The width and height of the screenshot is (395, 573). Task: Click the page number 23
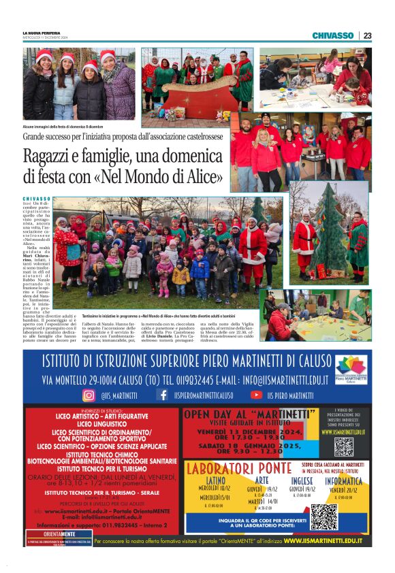367,35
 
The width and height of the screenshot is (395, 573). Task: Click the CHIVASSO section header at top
333,35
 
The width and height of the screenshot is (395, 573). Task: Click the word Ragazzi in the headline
51,156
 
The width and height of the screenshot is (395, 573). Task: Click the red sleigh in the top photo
193,90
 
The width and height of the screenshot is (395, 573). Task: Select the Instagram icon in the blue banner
89,395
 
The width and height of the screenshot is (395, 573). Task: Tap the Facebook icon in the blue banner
162,395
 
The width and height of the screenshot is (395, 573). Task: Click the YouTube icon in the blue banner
256,395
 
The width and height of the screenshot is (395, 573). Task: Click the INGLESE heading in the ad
302,480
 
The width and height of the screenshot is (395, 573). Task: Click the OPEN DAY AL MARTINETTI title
249,413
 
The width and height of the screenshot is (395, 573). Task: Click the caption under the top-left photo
63,127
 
